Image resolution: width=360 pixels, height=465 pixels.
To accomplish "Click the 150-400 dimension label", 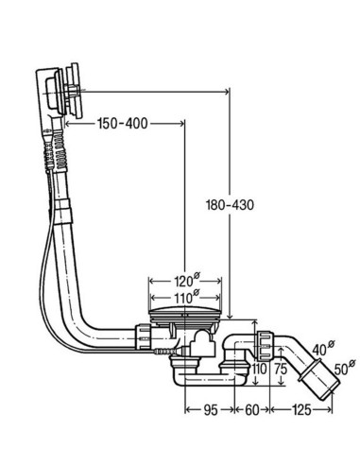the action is pyautogui.click(x=123, y=124).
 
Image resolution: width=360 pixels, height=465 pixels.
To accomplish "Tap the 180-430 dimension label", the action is pyautogui.click(x=230, y=205).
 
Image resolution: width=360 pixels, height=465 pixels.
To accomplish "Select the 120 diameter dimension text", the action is pyautogui.click(x=187, y=280).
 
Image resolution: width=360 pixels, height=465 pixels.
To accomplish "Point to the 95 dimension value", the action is pyautogui.click(x=210, y=410).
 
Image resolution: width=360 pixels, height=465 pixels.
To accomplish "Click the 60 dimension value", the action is pyautogui.click(x=252, y=410).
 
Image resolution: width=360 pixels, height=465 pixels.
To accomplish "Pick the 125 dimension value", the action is pyautogui.click(x=301, y=410).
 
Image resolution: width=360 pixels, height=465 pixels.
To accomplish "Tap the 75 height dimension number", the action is pyautogui.click(x=281, y=369).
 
